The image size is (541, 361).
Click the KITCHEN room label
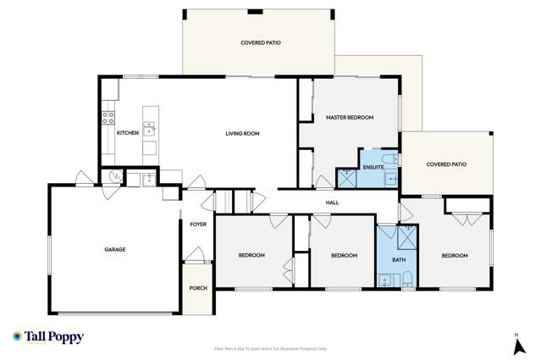click(127, 133)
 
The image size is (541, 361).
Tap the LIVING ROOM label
click(242, 133)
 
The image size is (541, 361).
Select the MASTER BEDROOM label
click(350, 118)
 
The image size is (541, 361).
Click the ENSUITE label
click(373, 167)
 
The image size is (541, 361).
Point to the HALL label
click(332, 203)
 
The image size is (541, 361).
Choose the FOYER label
click(197, 225)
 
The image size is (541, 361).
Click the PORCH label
click(197, 288)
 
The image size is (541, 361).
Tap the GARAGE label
click(115, 249)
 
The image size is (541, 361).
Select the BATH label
click(399, 260)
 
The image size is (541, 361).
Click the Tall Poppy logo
click(48, 337)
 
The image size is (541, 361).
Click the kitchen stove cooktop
click(108, 119)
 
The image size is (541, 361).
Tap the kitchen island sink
click(150, 129)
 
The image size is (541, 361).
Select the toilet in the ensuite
click(389, 159)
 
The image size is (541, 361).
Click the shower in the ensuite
click(347, 177)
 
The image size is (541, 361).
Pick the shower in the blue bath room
click(406, 235)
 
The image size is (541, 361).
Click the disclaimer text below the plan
click(270, 348)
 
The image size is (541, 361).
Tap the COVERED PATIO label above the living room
click(261, 42)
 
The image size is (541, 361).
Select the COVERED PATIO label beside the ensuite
click(446, 164)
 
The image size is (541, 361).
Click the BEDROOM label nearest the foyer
click(251, 255)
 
